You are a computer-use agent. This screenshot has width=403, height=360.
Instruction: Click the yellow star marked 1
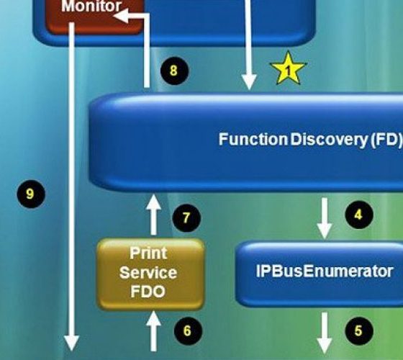point(288,69)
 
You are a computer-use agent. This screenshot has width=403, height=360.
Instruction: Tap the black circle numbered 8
point(174,71)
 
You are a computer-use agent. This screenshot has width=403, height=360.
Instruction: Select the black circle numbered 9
point(31,194)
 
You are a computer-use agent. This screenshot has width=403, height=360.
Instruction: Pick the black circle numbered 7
point(186,218)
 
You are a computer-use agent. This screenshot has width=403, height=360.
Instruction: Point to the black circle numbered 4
point(359,215)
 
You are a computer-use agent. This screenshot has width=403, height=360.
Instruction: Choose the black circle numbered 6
point(188,330)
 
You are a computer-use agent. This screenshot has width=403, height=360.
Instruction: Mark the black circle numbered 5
point(359,330)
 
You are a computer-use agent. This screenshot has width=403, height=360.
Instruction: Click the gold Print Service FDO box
point(150,274)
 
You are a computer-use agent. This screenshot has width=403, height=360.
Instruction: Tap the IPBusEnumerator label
point(325,271)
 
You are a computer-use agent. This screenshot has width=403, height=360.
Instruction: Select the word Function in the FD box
point(253,139)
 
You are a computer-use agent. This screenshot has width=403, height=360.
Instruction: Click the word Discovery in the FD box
point(330,140)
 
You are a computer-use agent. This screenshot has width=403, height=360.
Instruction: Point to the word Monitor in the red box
point(91,6)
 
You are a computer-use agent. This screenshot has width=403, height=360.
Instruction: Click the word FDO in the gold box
point(148,292)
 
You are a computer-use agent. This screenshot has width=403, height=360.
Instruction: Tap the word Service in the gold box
point(148,273)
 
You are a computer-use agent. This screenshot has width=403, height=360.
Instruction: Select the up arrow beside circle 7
point(153,215)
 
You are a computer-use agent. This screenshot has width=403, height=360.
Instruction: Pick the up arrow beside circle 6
point(153,331)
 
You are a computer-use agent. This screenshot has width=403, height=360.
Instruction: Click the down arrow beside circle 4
point(325,218)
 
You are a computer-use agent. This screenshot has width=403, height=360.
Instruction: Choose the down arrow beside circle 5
point(325,333)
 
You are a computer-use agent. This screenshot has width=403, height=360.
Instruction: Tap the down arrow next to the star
point(249,45)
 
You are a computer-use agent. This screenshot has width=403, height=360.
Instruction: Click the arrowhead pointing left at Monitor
point(121,15)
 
